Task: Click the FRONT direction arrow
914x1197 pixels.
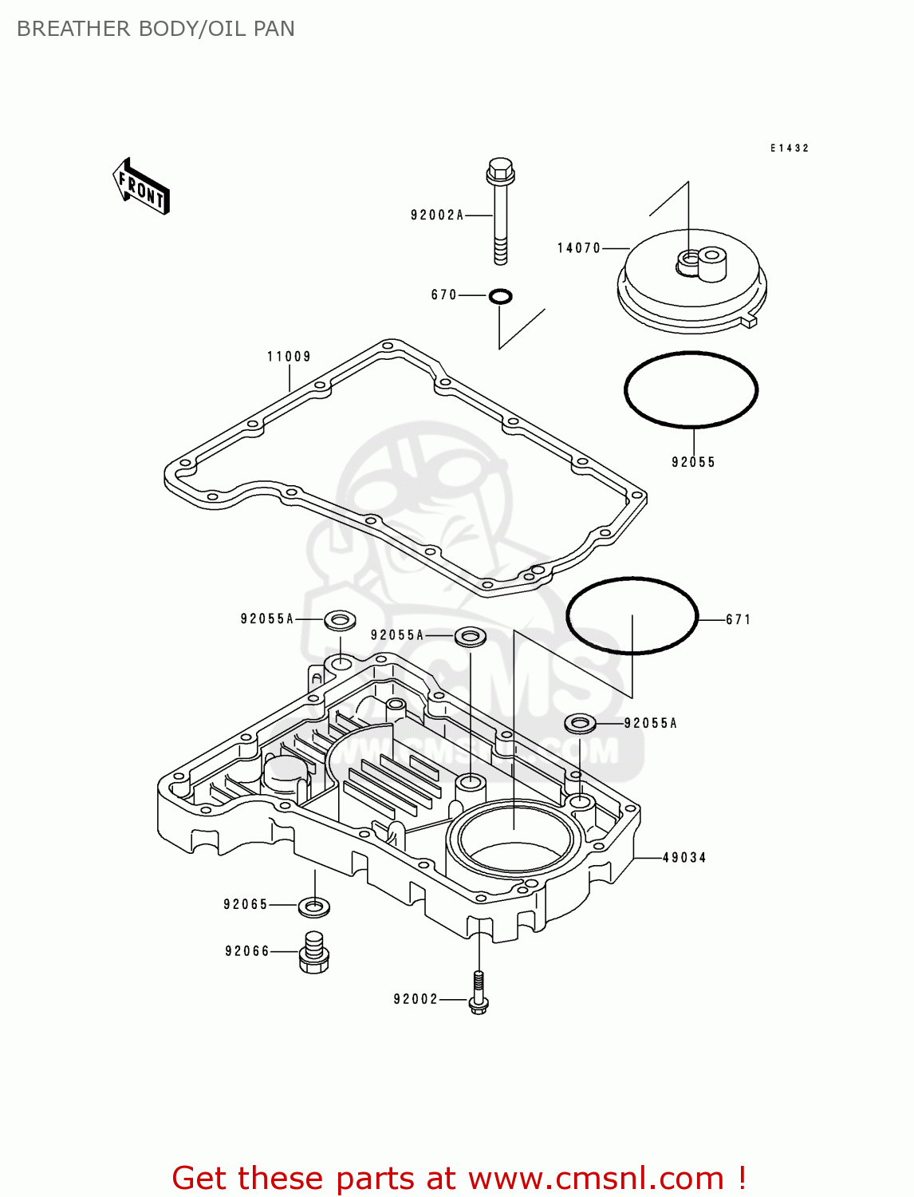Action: (x=140, y=187)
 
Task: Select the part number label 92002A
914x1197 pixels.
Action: (x=436, y=215)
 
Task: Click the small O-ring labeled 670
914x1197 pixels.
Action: (x=500, y=297)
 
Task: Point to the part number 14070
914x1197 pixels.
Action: (x=578, y=248)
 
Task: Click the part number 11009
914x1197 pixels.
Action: (x=289, y=357)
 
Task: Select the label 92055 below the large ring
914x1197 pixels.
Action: (x=693, y=462)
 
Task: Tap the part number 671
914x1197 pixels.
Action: (x=738, y=619)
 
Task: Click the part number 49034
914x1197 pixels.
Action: (x=684, y=858)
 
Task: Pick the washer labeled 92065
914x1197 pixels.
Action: (x=314, y=907)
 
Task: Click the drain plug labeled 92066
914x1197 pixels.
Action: (x=314, y=952)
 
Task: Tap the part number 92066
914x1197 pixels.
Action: (x=247, y=951)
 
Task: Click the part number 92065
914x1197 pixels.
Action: (x=246, y=905)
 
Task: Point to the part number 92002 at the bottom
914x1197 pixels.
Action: (x=416, y=999)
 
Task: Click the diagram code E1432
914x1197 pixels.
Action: (x=790, y=148)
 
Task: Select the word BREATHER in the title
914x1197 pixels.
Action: (x=73, y=29)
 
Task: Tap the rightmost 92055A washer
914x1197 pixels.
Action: (x=580, y=724)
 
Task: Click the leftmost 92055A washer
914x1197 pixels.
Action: (x=340, y=621)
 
